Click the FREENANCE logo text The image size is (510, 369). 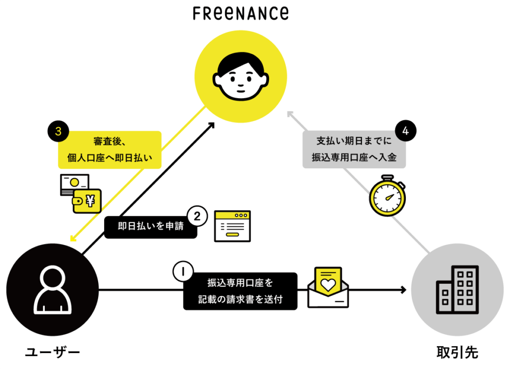241,13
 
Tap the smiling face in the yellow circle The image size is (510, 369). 241,76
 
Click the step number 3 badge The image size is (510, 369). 58,131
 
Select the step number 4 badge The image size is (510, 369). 405,130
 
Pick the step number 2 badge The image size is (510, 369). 197,216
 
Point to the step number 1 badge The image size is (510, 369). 183,271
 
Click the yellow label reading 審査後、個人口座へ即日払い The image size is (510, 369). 110,149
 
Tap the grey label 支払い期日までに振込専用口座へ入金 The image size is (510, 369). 354,149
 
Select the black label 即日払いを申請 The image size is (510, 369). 150,226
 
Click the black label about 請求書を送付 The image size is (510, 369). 241,291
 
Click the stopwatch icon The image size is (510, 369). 387,196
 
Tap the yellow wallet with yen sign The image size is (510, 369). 87,201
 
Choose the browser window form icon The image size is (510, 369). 232,226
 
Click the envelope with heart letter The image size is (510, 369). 328,287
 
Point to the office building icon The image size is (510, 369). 457,290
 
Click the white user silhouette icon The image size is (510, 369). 52,290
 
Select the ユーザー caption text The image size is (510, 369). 53,353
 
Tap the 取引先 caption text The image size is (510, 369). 457,353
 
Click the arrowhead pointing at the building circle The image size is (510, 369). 404,290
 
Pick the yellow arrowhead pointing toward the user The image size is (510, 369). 73,239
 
